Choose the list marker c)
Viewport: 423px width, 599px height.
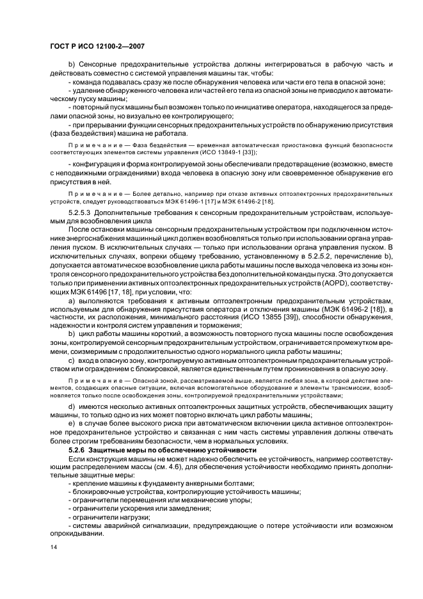(x=72, y=361)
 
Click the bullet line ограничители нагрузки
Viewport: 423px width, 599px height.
(x=111, y=516)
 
